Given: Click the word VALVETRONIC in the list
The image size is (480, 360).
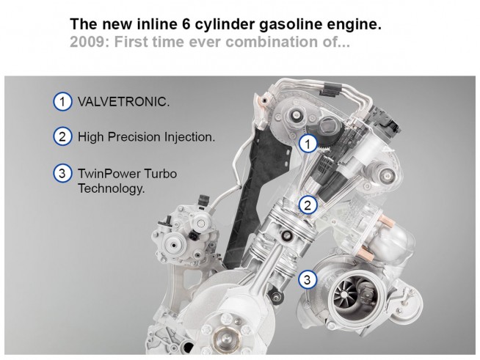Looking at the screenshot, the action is (123, 101).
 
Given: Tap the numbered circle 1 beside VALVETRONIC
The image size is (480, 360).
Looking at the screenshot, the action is (62, 101).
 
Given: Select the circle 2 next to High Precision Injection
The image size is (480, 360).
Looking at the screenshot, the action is (62, 136).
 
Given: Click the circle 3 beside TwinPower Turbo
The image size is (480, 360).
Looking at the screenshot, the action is (62, 173).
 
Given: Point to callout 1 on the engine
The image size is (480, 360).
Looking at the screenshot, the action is (308, 144).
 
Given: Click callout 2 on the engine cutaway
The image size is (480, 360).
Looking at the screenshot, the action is (308, 205).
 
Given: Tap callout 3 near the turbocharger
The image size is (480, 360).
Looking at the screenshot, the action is (308, 279).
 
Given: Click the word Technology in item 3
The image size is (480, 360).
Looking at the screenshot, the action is (111, 188).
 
